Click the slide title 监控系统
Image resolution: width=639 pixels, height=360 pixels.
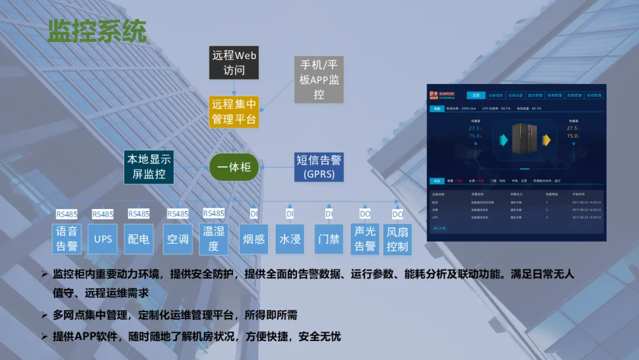pyautogui.click(x=96, y=31)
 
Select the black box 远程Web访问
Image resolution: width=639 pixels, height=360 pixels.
pyautogui.click(x=234, y=63)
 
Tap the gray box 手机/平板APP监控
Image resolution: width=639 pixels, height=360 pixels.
pyautogui.click(x=318, y=79)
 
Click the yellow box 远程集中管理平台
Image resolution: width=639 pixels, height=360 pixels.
pyautogui.click(x=234, y=112)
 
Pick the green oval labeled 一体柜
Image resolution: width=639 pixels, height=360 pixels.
pyautogui.click(x=234, y=167)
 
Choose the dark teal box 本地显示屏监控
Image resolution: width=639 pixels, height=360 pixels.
pyautogui.click(x=148, y=167)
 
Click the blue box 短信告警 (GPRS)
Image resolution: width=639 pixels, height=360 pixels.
pyautogui.click(x=319, y=167)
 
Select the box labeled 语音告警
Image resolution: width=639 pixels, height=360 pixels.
pyautogui.click(x=67, y=239)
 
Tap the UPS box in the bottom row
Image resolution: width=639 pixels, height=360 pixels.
pyautogui.click(x=103, y=239)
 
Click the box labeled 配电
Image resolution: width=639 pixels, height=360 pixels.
pyautogui.click(x=138, y=239)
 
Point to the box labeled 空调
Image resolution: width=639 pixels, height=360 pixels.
pyautogui.click(x=177, y=239)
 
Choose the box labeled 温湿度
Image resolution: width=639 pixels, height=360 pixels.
pyautogui.click(x=214, y=239)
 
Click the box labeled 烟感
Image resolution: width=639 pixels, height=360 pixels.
pyautogui.click(x=254, y=239)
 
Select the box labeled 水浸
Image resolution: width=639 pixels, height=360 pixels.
pyautogui.click(x=290, y=239)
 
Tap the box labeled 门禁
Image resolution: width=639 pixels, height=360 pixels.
pyautogui.click(x=329, y=239)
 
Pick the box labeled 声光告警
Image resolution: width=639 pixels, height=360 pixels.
pyautogui.click(x=365, y=239)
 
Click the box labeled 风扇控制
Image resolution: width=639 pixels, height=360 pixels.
pyautogui.click(x=397, y=239)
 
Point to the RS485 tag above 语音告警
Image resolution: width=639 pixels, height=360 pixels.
pyautogui.click(x=67, y=214)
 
